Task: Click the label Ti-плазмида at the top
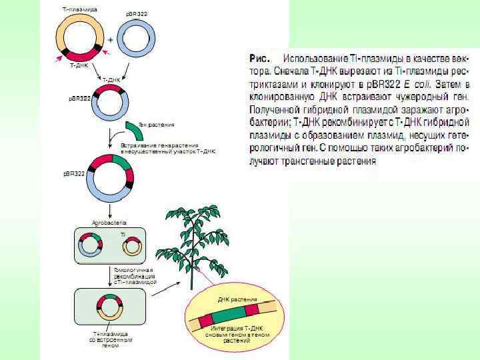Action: [76, 10]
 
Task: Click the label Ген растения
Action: [157, 124]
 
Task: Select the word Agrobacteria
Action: [109, 221]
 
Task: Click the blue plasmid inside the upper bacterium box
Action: [91, 245]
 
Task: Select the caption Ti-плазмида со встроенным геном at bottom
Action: [111, 340]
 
